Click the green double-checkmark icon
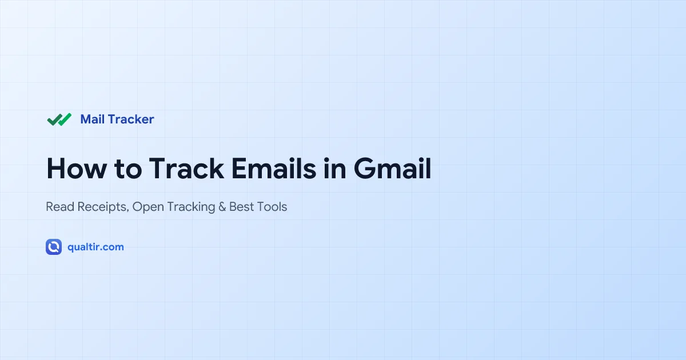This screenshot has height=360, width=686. click(x=59, y=119)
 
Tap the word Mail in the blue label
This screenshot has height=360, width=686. click(x=92, y=119)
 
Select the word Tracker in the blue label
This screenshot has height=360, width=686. click(x=131, y=119)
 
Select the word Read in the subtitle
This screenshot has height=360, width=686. click(x=59, y=207)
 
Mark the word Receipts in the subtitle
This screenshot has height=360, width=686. click(x=102, y=207)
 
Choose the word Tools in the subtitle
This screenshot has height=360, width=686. click(x=272, y=207)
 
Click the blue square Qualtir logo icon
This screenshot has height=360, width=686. click(x=54, y=247)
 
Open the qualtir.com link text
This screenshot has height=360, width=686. click(x=95, y=247)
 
